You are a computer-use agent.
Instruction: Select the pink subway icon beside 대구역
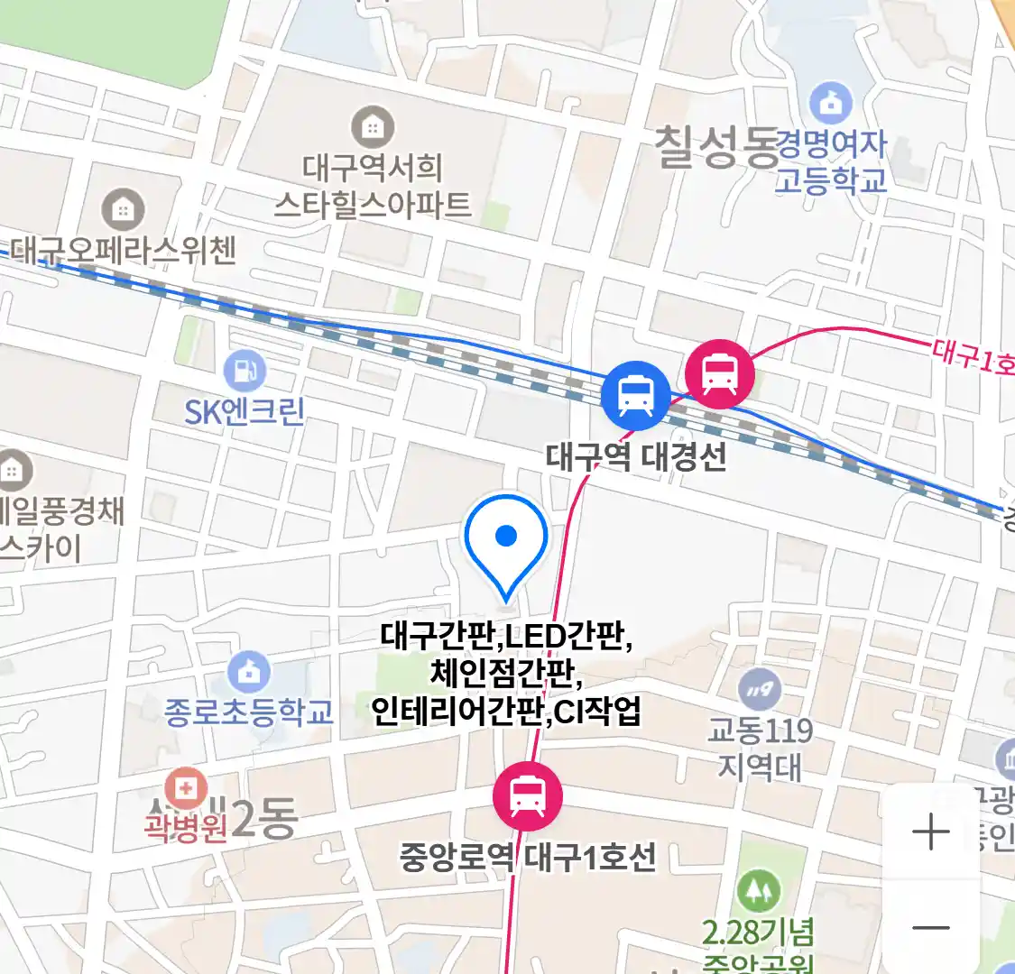(x=719, y=373)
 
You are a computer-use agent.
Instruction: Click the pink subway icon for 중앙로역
(x=527, y=796)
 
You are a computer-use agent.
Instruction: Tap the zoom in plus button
(x=931, y=832)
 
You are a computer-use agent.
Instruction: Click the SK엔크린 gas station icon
(x=245, y=370)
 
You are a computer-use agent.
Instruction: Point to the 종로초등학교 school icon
(x=249, y=673)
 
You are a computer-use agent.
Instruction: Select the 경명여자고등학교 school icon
(x=831, y=103)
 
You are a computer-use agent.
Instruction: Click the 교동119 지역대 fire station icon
(x=761, y=691)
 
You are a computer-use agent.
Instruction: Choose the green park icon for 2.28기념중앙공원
(x=758, y=892)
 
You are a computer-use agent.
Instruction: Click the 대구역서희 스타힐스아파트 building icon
(x=372, y=127)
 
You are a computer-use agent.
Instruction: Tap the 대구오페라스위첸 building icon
(x=123, y=210)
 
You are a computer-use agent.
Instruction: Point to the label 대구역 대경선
(x=636, y=457)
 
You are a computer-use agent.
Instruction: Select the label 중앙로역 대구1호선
(x=528, y=857)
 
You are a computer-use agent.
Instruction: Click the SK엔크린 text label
(x=245, y=412)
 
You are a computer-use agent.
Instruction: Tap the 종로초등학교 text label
(x=249, y=712)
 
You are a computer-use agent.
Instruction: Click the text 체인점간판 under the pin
(x=505, y=674)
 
